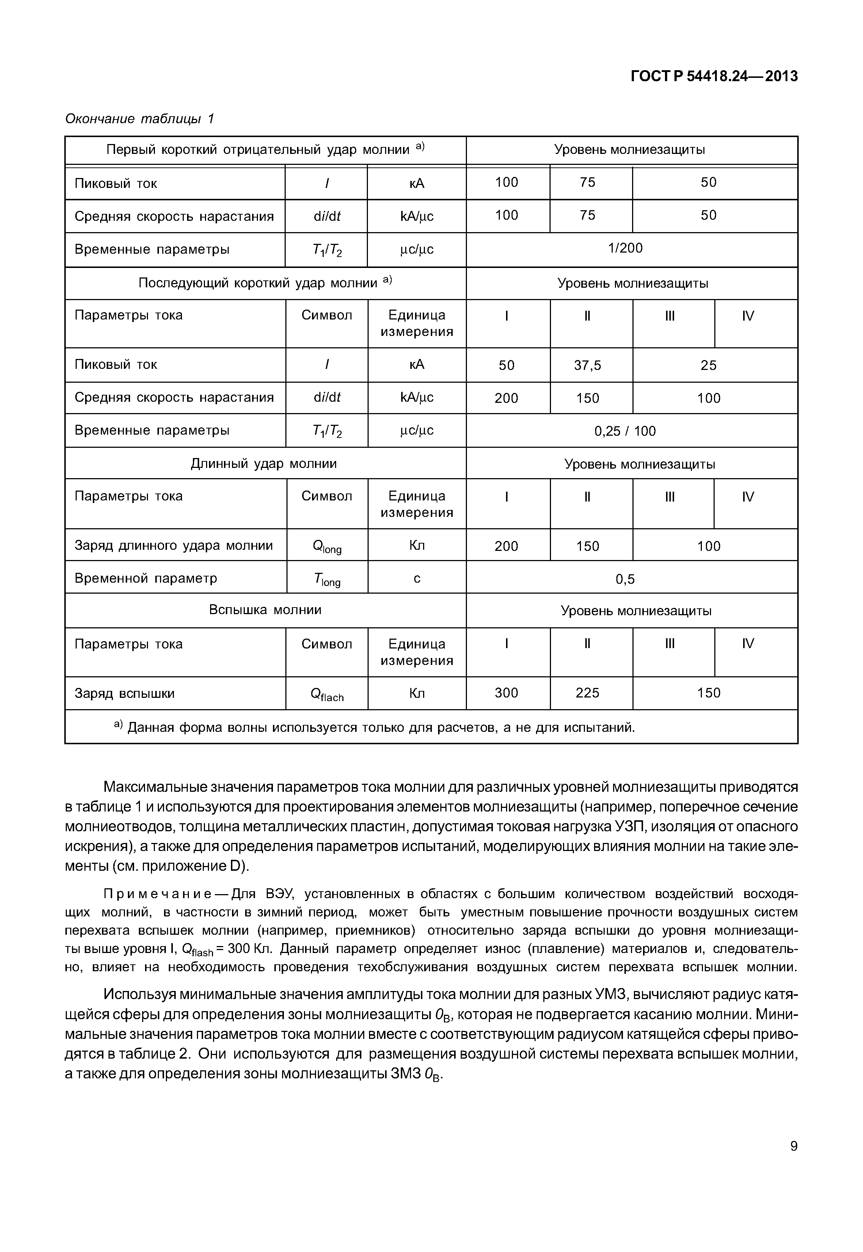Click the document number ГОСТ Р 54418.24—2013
[x=714, y=77]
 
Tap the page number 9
[x=793, y=1146]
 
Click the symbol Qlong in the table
[x=327, y=547]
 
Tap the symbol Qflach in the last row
[x=327, y=695]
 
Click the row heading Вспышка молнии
[x=265, y=610]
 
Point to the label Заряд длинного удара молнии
[x=174, y=545]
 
